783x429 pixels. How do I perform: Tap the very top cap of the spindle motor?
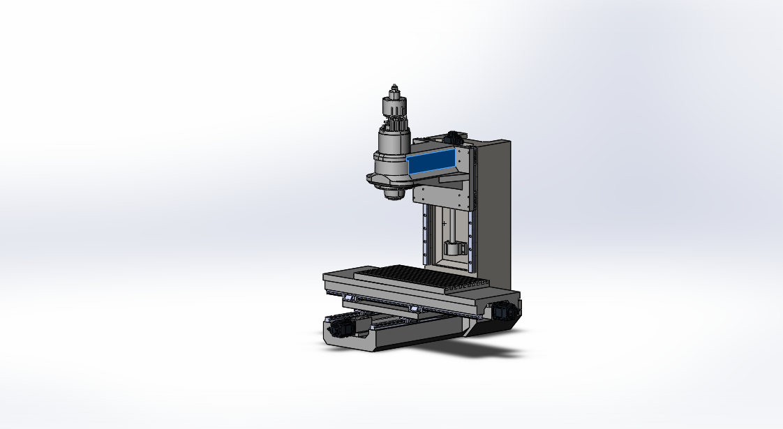point(395,88)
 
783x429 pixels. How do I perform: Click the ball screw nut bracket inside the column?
point(454,248)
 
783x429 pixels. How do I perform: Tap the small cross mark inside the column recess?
point(443,223)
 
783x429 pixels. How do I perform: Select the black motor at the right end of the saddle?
point(504,312)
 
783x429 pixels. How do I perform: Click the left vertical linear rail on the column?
point(424,237)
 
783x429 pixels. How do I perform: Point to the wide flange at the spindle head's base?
point(384,180)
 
